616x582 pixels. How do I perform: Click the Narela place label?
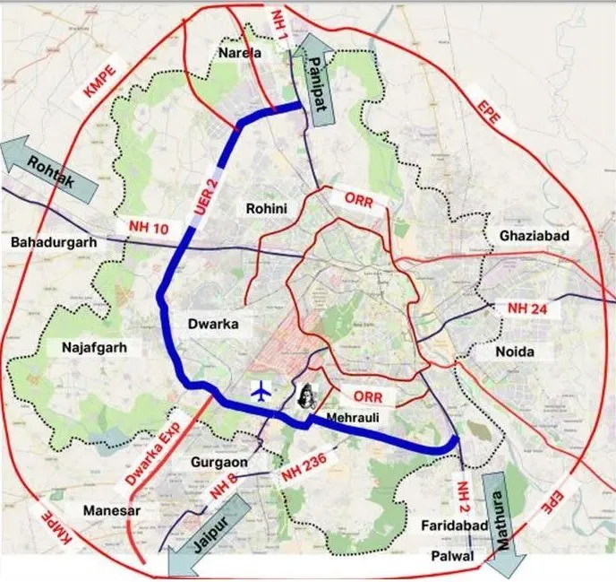240,55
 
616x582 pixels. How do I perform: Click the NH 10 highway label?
147,229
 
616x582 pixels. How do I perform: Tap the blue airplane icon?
261,391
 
